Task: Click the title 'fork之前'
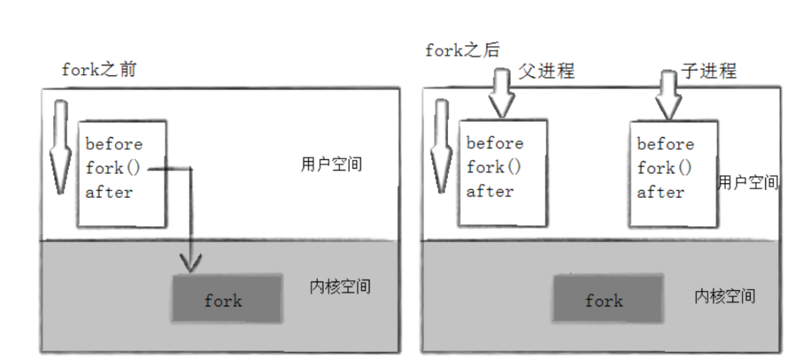pyautogui.click(x=98, y=72)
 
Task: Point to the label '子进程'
pyautogui.click(x=708, y=71)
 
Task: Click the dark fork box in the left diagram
pyautogui.click(x=227, y=298)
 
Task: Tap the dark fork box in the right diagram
pyautogui.click(x=604, y=299)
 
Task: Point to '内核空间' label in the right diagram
pyautogui.click(x=724, y=296)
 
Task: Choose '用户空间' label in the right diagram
pyautogui.click(x=748, y=183)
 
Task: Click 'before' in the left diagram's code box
pyautogui.click(x=114, y=144)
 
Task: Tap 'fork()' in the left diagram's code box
pyautogui.click(x=112, y=168)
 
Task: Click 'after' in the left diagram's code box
pyautogui.click(x=108, y=192)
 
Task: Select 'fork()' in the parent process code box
pyautogui.click(x=494, y=167)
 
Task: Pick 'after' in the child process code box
pyautogui.click(x=661, y=192)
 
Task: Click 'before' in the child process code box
pyautogui.click(x=665, y=144)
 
